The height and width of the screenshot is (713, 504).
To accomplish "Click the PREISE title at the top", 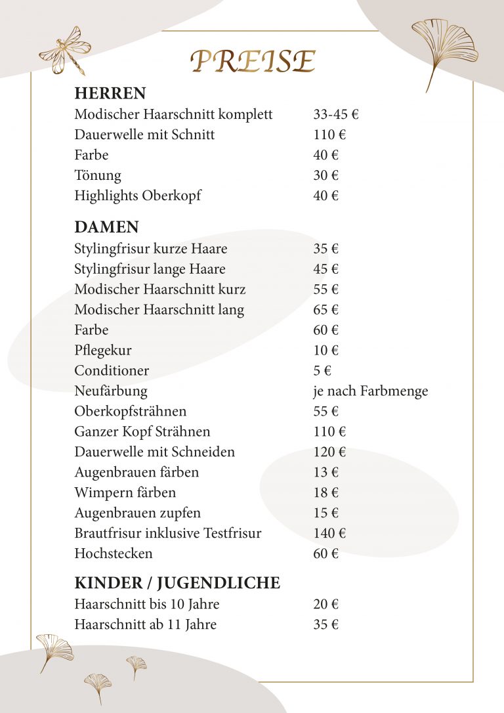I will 253,61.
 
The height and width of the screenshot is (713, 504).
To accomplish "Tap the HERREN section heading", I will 110,93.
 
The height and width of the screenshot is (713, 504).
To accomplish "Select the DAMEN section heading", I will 106,227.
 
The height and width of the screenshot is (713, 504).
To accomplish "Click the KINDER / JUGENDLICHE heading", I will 177,583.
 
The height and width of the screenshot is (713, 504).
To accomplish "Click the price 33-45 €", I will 336,114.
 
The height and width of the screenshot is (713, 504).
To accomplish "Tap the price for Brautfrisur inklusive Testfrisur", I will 329,533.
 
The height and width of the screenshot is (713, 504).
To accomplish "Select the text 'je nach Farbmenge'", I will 370,391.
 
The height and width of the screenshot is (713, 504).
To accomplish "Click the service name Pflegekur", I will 103,351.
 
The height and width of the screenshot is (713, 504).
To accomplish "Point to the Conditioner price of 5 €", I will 322,371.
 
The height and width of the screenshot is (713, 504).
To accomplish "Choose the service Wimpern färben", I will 125,492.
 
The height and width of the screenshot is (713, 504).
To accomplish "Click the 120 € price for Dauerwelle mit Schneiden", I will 329,452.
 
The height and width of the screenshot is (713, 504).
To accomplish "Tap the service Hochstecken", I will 114,553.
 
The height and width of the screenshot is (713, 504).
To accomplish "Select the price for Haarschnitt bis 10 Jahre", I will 325,604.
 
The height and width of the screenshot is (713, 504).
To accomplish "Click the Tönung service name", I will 98,175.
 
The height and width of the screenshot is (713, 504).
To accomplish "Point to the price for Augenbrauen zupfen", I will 325,513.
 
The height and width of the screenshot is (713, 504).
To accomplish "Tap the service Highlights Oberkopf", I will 138,196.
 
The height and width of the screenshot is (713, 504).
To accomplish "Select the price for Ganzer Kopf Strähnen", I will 329,431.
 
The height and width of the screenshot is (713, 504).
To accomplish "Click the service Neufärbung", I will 111,391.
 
